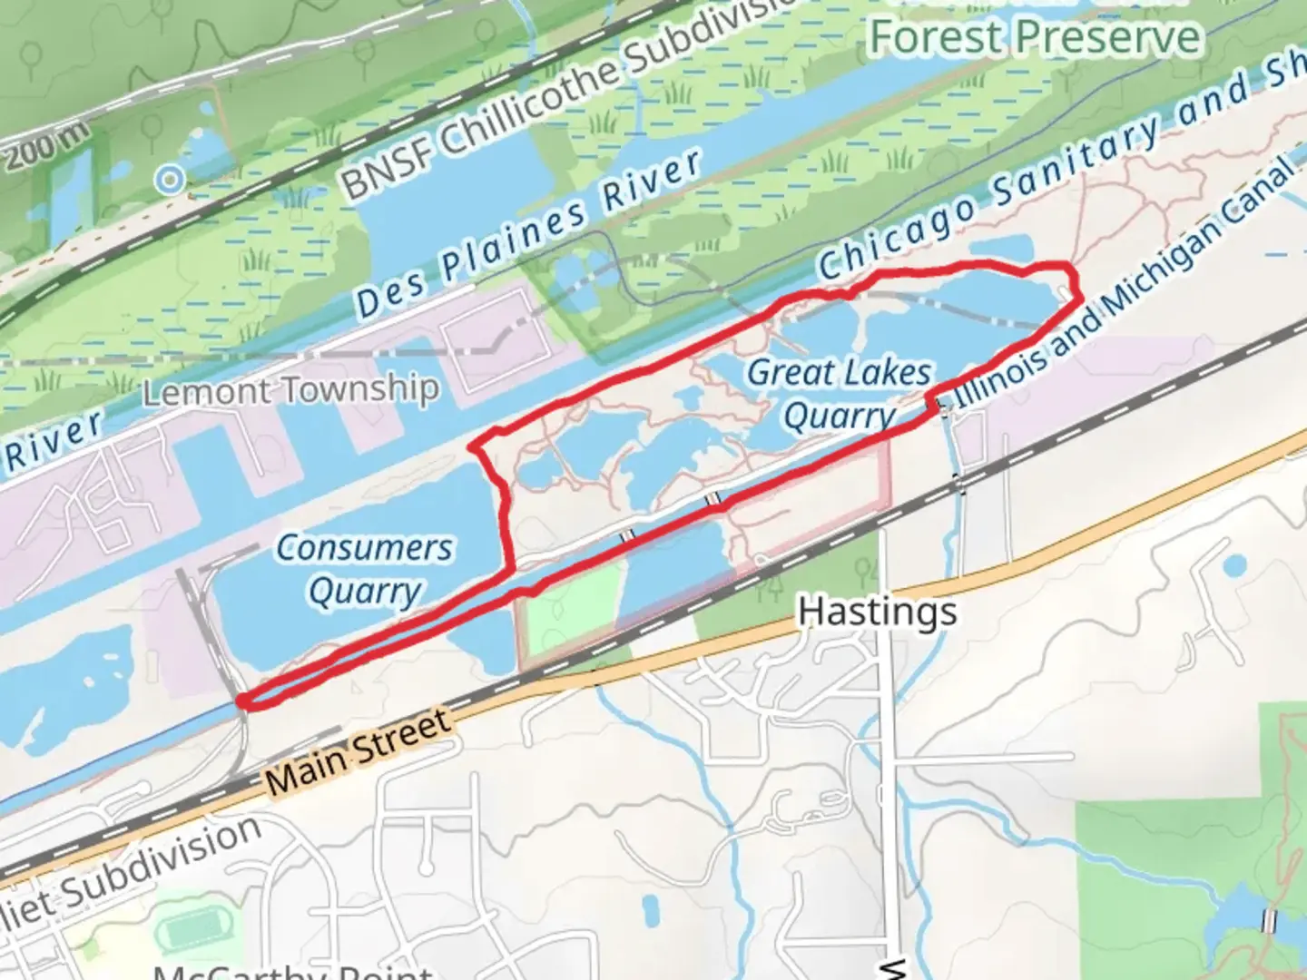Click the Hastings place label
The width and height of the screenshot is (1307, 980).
coord(877,612)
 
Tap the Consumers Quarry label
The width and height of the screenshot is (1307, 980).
coord(364,569)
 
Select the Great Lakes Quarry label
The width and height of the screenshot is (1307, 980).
coord(839,394)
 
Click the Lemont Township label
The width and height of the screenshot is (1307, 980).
coord(290,391)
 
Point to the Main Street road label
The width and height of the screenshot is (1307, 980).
coord(359,752)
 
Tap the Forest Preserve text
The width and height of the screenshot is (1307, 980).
coord(1035,37)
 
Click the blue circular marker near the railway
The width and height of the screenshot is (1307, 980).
coord(169,180)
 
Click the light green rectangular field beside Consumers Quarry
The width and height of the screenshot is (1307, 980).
coord(570,610)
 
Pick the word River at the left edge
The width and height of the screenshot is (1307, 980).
coord(52,443)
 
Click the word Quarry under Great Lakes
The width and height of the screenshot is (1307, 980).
coord(839,416)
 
